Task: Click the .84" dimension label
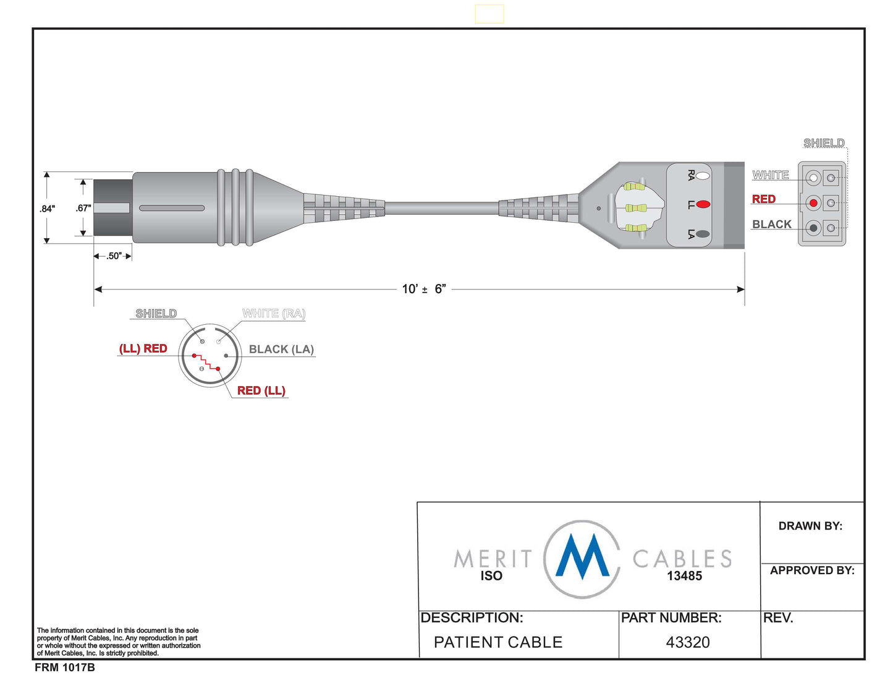click(x=47, y=208)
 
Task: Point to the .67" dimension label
click(x=83, y=208)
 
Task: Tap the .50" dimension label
click(x=114, y=256)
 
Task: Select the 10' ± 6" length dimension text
click(x=424, y=289)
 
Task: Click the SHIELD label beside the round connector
click(x=156, y=314)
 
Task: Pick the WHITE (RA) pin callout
click(x=274, y=314)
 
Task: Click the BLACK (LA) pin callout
click(x=282, y=349)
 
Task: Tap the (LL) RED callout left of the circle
click(x=143, y=348)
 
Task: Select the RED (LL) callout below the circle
click(x=261, y=390)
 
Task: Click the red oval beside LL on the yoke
click(x=703, y=204)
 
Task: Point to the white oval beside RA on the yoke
click(x=703, y=176)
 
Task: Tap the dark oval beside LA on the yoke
click(x=703, y=234)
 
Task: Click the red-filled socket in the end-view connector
click(x=813, y=203)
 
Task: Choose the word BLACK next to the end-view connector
click(x=772, y=224)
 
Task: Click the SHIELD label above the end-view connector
click(x=824, y=143)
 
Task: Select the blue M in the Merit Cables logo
click(x=582, y=557)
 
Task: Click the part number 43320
click(x=688, y=642)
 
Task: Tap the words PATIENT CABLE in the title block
click(x=498, y=642)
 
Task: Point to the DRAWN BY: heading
click(x=810, y=526)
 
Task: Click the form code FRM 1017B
click(x=64, y=667)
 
